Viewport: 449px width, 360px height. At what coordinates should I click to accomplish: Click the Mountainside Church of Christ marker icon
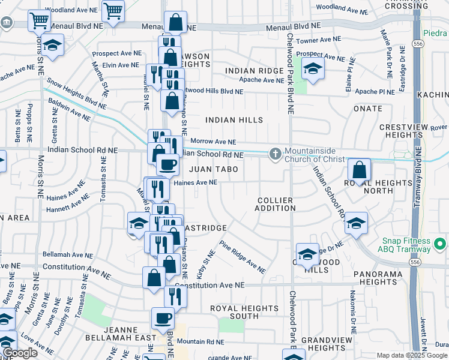pos(276,154)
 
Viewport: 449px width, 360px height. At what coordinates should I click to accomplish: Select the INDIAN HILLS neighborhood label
pos(234,120)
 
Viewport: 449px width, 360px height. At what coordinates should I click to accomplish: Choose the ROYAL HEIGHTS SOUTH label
pos(244,312)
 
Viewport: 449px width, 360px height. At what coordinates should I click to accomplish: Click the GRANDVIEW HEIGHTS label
pos(322,343)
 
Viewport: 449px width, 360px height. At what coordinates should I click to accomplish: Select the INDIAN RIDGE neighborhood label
pos(254,71)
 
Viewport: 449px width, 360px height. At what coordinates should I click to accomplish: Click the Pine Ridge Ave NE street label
pos(242,257)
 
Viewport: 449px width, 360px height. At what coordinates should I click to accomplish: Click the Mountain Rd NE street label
pos(200,341)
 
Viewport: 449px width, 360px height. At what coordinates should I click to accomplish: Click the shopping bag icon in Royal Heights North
pos(359,170)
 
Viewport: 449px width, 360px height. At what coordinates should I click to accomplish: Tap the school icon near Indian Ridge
pos(312,68)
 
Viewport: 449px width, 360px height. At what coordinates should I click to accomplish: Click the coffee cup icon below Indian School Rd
pos(167,164)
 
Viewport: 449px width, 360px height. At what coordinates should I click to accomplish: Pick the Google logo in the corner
pos(20,353)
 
